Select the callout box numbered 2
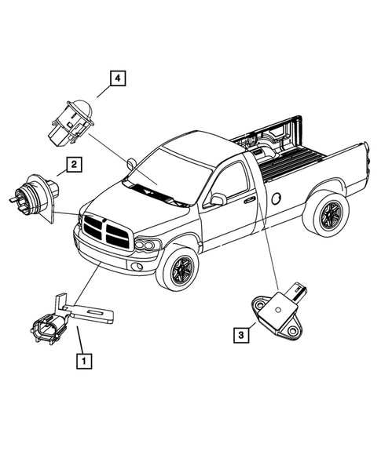(x=72, y=165)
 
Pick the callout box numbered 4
(x=115, y=77)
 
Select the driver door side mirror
(x=218, y=200)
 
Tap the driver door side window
(x=230, y=181)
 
